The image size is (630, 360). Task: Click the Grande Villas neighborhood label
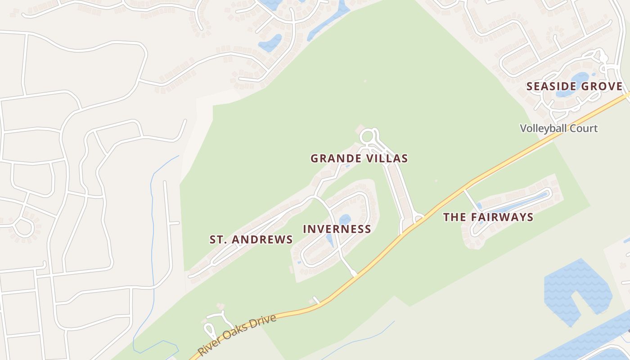tap(359, 158)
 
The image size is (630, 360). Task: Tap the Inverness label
tap(337, 229)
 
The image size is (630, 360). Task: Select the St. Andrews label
tap(251, 239)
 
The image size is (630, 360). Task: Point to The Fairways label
tap(488, 217)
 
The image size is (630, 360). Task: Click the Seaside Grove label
tap(574, 86)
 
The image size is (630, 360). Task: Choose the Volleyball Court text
tap(559, 128)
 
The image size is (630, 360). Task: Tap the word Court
tap(582, 128)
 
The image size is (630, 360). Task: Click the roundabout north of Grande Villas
tap(367, 136)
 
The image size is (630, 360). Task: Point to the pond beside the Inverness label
tap(345, 220)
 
